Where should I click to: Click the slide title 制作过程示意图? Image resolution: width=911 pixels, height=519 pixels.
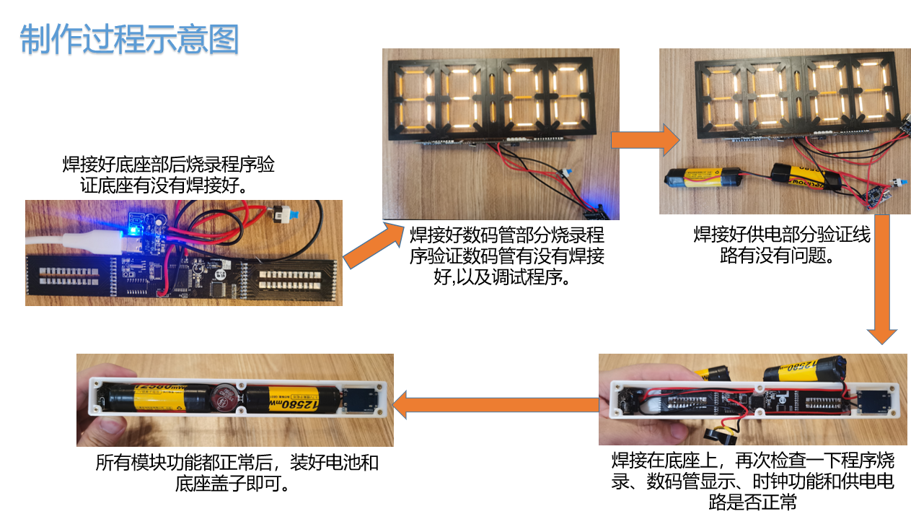pos(129,39)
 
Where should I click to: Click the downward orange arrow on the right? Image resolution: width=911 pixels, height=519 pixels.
pos(881,279)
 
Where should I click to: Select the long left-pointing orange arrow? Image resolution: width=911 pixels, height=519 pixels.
pos(496,405)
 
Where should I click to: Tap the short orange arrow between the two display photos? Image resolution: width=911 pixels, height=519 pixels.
pos(646,140)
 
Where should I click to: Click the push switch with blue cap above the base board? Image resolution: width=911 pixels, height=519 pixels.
pos(285,214)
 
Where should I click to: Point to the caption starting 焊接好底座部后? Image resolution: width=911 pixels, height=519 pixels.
pos(168,175)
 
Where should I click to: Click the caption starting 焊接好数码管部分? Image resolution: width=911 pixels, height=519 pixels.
pos(506,256)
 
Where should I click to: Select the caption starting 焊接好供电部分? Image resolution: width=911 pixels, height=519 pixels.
pos(782,245)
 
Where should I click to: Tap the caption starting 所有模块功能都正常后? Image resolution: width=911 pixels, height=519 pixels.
pos(237,473)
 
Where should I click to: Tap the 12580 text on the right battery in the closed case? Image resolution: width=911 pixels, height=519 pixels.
pos(299,404)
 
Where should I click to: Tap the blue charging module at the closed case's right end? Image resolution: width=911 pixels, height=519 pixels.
pos(360,400)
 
